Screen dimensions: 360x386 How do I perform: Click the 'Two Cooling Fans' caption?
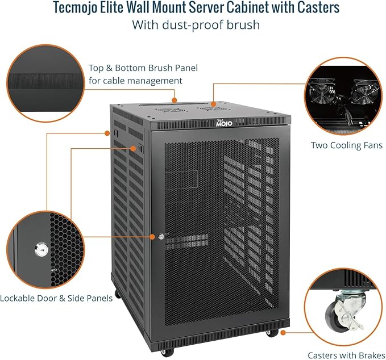346,145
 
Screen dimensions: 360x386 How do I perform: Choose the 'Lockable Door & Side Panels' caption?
56,298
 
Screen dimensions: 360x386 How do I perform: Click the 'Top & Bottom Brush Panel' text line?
143,68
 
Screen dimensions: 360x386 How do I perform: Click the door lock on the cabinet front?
161,236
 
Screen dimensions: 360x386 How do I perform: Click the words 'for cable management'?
135,81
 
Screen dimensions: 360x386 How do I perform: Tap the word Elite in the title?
124,9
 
